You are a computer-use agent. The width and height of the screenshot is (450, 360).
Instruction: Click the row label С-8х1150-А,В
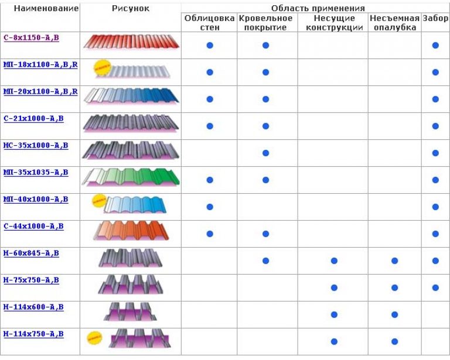click(31, 37)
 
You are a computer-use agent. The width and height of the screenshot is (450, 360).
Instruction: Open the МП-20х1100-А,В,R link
click(40, 91)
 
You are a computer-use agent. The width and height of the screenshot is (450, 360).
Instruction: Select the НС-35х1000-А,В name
click(35, 145)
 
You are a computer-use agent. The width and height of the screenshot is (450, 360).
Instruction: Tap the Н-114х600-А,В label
click(33, 306)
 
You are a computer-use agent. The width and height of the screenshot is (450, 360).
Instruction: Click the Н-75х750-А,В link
click(30, 280)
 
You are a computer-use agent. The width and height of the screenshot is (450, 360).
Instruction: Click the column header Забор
click(435, 18)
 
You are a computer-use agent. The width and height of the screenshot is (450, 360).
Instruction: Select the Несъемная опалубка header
click(394, 23)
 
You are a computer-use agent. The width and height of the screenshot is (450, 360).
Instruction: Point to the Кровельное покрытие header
click(265, 23)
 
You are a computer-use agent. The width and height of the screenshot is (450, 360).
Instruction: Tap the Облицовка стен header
click(210, 23)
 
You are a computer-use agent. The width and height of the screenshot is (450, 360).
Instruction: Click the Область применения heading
click(318, 8)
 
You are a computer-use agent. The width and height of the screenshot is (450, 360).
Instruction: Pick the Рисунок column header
click(130, 8)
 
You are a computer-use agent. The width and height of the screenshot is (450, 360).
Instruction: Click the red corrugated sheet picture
click(131, 42)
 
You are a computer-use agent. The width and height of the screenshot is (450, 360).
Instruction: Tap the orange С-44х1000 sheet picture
click(131, 231)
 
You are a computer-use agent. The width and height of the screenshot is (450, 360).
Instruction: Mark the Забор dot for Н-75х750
click(435, 287)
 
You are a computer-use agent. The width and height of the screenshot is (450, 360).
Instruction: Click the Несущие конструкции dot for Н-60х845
click(334, 260)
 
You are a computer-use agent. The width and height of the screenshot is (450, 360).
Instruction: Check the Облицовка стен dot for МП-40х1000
click(210, 207)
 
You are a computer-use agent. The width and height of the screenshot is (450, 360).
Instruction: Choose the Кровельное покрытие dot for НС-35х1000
click(265, 153)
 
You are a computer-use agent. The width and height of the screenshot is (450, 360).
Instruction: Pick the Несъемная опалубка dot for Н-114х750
click(394, 341)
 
